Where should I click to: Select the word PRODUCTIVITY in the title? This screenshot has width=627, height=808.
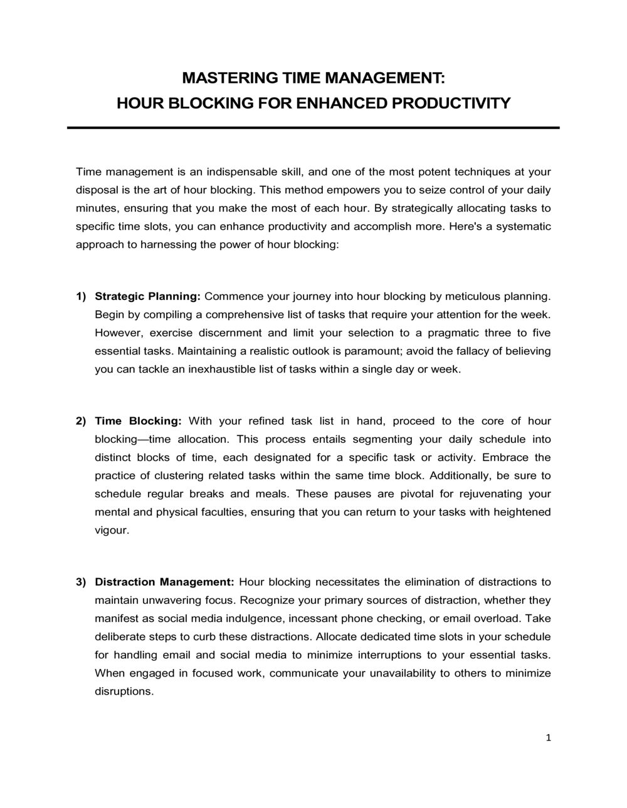click(x=451, y=103)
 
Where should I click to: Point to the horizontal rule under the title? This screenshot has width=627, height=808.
click(x=313, y=128)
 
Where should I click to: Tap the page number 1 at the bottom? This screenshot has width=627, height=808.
click(x=548, y=738)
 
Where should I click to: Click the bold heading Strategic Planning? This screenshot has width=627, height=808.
click(x=147, y=296)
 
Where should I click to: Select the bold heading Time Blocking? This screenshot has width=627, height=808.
click(x=138, y=421)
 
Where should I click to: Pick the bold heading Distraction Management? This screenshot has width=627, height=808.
click(x=164, y=582)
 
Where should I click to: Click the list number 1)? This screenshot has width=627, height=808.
click(x=81, y=296)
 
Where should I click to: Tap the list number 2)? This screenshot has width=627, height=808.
click(x=81, y=421)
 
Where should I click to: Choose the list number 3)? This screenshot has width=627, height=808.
click(x=81, y=582)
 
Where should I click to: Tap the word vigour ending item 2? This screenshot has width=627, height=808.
click(x=111, y=530)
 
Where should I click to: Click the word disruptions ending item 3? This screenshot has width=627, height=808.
click(x=124, y=691)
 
